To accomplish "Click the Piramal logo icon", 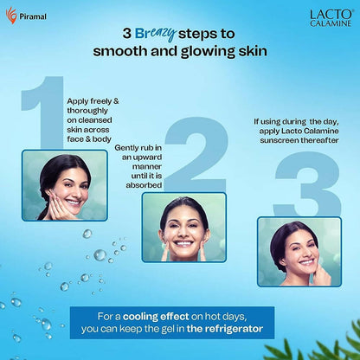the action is (11, 15).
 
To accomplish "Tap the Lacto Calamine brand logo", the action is (331, 18).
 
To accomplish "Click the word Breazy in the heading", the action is (156, 34).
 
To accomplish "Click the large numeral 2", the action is (196, 154).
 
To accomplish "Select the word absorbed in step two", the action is (144, 185).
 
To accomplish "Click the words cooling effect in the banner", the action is (156, 317).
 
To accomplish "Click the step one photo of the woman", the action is (65, 185).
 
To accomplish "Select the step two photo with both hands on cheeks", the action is (184, 228).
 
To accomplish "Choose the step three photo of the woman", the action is (299, 252).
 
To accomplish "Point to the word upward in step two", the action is (147, 157).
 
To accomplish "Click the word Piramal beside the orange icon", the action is (33, 16).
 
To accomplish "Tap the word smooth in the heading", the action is (120, 51).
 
